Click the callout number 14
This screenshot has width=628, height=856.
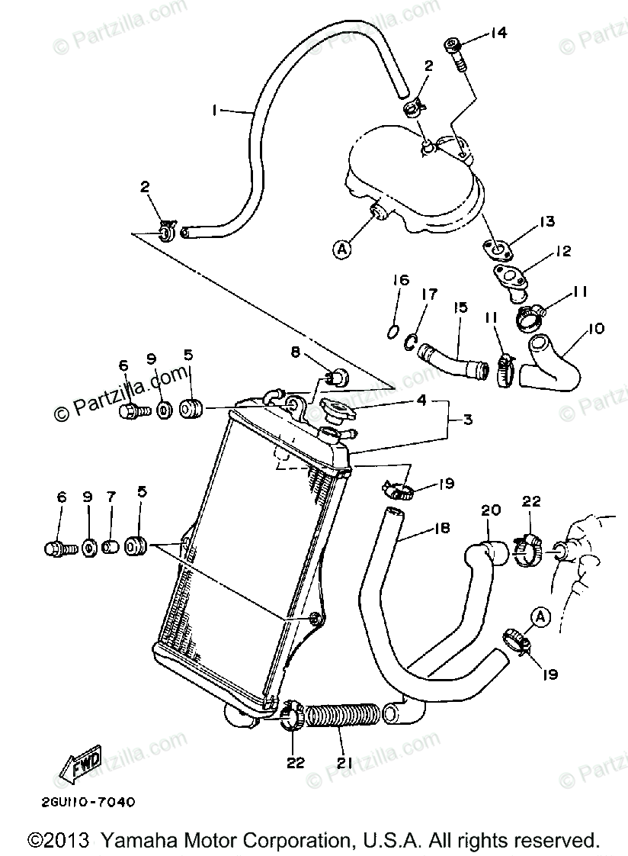pyautogui.click(x=498, y=33)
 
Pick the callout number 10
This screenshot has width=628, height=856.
pyautogui.click(x=597, y=329)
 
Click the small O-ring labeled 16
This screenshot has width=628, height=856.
pyautogui.click(x=390, y=331)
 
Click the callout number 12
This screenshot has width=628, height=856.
pyautogui.click(x=563, y=251)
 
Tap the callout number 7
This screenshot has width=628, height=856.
pyautogui.click(x=111, y=497)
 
